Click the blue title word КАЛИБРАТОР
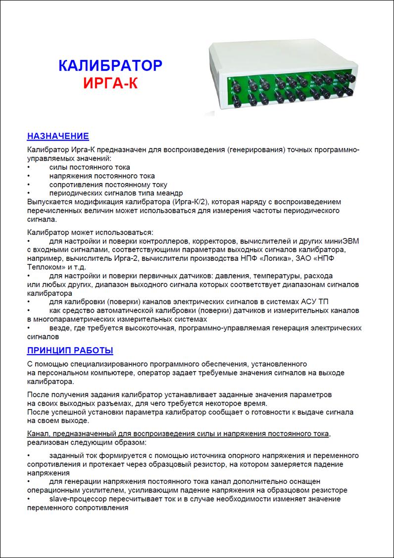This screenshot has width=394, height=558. (x=110, y=66)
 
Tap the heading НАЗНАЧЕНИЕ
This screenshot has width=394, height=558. (x=58, y=136)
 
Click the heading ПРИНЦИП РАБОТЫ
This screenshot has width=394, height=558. (x=70, y=351)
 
